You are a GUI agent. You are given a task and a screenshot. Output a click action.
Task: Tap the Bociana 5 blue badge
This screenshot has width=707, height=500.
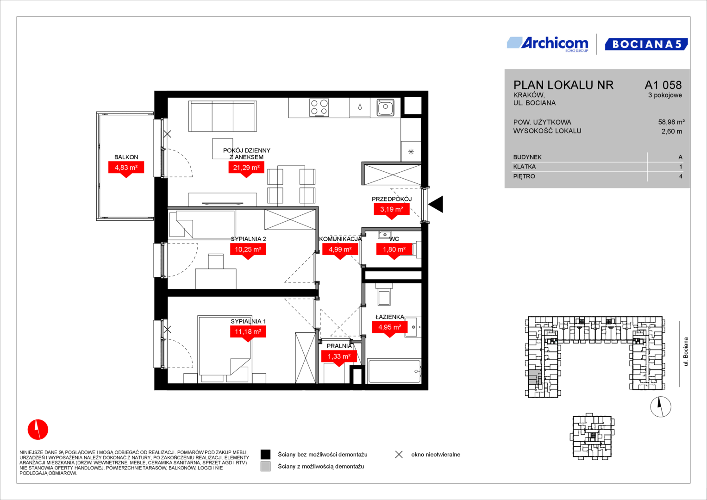(x=646, y=44)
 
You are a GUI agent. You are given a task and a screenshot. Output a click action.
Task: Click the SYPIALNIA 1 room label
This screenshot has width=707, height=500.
(x=248, y=321)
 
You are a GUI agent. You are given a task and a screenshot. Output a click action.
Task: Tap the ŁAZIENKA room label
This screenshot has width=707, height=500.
(x=390, y=317)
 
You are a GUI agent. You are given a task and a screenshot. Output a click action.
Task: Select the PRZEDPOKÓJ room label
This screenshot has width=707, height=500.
(x=392, y=199)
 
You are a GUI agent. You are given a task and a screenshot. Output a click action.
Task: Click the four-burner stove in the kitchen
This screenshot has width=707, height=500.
(x=319, y=107)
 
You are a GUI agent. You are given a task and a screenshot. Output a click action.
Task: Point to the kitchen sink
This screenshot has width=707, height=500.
(x=385, y=107)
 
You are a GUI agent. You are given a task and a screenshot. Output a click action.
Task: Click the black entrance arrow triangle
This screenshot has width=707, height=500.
(x=436, y=204)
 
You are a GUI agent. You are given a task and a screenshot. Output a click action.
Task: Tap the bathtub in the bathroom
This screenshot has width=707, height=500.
(x=394, y=371)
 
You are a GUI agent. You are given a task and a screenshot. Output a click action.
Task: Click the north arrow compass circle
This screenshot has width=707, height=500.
(x=661, y=407)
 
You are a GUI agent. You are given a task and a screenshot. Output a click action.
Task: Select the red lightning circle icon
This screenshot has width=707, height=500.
(x=38, y=429)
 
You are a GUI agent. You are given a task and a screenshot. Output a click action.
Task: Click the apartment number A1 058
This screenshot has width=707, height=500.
(x=663, y=85)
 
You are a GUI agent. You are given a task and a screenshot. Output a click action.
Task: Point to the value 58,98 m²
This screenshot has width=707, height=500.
(x=671, y=122)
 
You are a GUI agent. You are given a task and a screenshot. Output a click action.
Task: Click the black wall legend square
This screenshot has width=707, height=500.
(x=265, y=455)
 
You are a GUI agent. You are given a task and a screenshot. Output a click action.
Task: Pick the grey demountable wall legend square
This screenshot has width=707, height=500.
(x=265, y=467)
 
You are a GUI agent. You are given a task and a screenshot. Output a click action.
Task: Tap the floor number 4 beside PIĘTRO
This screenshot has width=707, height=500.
(x=681, y=176)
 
